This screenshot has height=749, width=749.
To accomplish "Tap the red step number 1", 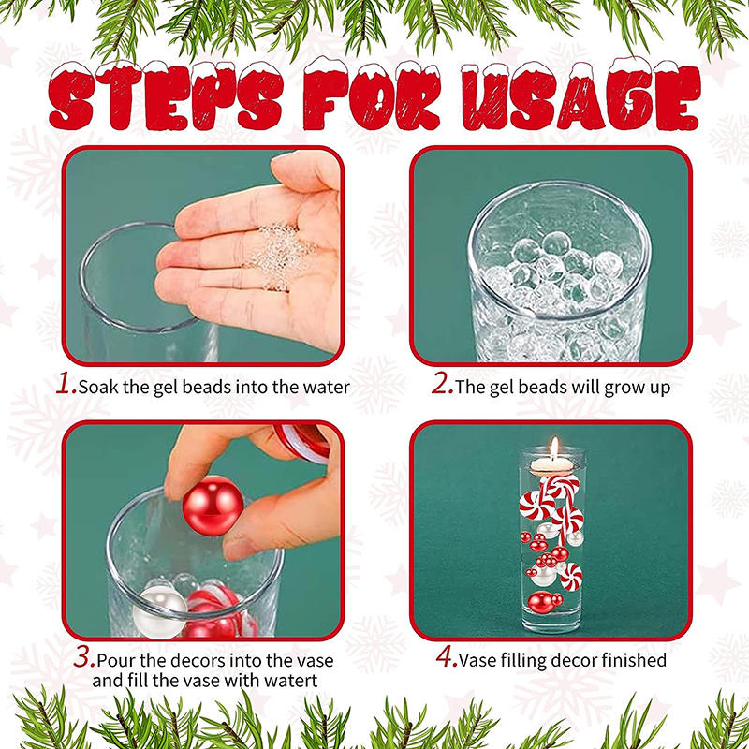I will (x=66, y=385).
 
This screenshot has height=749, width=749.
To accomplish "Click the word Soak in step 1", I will (x=99, y=387).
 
